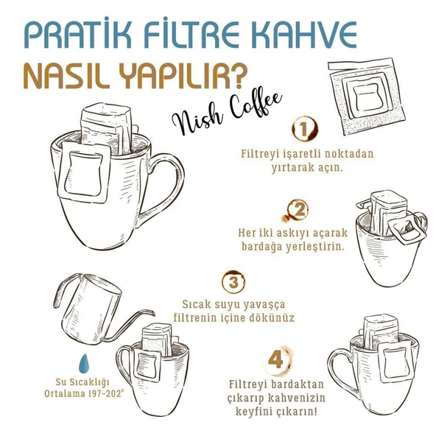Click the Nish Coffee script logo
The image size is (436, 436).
click(219, 116)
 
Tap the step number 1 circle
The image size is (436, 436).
click(301, 130)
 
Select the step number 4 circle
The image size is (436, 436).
click(275, 361)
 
